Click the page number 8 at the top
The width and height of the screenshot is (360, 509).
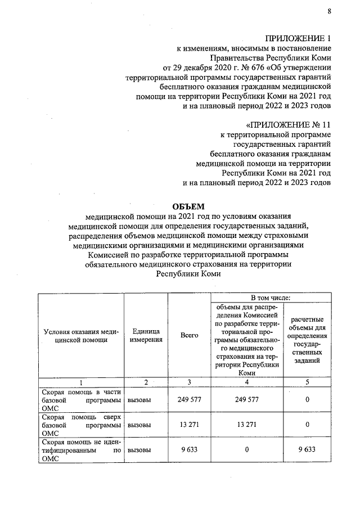[329, 11]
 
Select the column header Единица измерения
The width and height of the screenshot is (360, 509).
[146, 335]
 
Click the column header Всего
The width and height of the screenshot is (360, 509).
[189, 335]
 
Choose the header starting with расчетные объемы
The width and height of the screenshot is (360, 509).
[307, 335]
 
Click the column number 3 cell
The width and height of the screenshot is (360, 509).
[189, 382]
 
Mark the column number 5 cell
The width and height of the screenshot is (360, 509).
[307, 382]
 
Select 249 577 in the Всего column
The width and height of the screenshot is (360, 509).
[189, 400]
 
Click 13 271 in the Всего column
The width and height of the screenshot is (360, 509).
[189, 425]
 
